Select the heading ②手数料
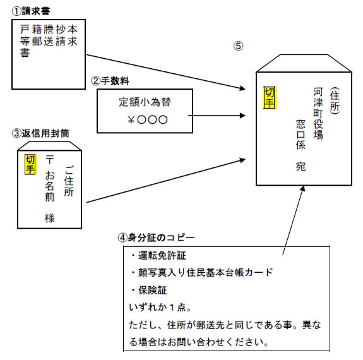[112, 80]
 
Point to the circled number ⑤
[238, 46]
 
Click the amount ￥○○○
[145, 119]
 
